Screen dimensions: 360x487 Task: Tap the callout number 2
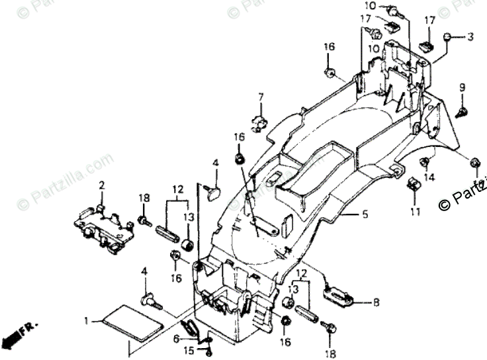pos(102,185)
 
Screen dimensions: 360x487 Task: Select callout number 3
pos(470,37)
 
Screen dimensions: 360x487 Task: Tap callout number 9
pos(463,87)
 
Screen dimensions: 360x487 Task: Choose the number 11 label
pos(415,212)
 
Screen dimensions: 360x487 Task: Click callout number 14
pos(429,177)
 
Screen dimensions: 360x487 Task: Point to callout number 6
pos(175,337)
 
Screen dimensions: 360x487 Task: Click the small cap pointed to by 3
pos(448,37)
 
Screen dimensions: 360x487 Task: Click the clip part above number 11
pos(414,185)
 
